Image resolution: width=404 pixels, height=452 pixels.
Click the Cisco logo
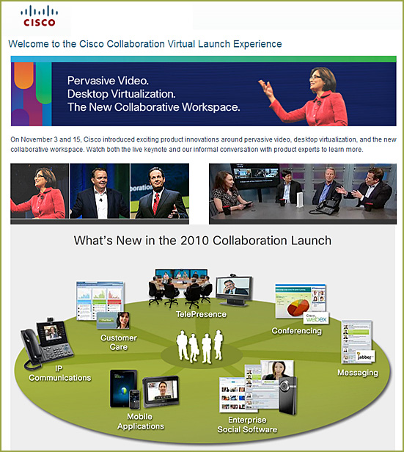39,17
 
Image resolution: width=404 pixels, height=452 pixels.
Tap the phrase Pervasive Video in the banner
108,81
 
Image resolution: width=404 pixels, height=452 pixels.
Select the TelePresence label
201,314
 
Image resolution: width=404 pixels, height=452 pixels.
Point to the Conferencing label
297,331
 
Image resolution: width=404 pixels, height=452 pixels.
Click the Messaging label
358,373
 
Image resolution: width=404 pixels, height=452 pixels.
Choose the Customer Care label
119,342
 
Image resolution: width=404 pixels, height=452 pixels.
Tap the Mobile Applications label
141,421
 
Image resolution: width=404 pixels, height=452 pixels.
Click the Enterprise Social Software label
247,425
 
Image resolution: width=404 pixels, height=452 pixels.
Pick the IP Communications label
60,373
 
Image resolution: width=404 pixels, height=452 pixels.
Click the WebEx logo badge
316,318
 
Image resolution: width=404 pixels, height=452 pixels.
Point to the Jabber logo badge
365,357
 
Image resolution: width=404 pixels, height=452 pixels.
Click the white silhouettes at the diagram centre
200,346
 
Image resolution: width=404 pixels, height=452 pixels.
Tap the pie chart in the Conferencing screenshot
298,307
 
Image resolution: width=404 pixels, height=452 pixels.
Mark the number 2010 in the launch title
194,241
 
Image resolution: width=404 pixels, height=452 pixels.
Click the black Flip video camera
288,395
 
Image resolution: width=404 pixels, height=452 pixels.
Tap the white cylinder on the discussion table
300,200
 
